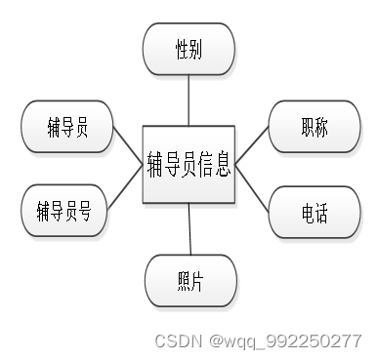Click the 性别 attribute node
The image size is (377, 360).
(188, 50)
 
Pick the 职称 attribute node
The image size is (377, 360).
(315, 127)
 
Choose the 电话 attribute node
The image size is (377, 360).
(314, 212)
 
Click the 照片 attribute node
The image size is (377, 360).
(190, 281)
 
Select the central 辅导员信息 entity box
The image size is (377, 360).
(188, 163)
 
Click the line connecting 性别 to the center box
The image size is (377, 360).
(188, 100)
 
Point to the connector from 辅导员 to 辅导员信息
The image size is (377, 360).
(126, 143)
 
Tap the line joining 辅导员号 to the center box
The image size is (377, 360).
(124, 190)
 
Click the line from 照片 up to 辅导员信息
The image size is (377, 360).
(189, 229)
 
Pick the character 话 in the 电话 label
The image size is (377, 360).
(323, 212)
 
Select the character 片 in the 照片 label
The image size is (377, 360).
(199, 281)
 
